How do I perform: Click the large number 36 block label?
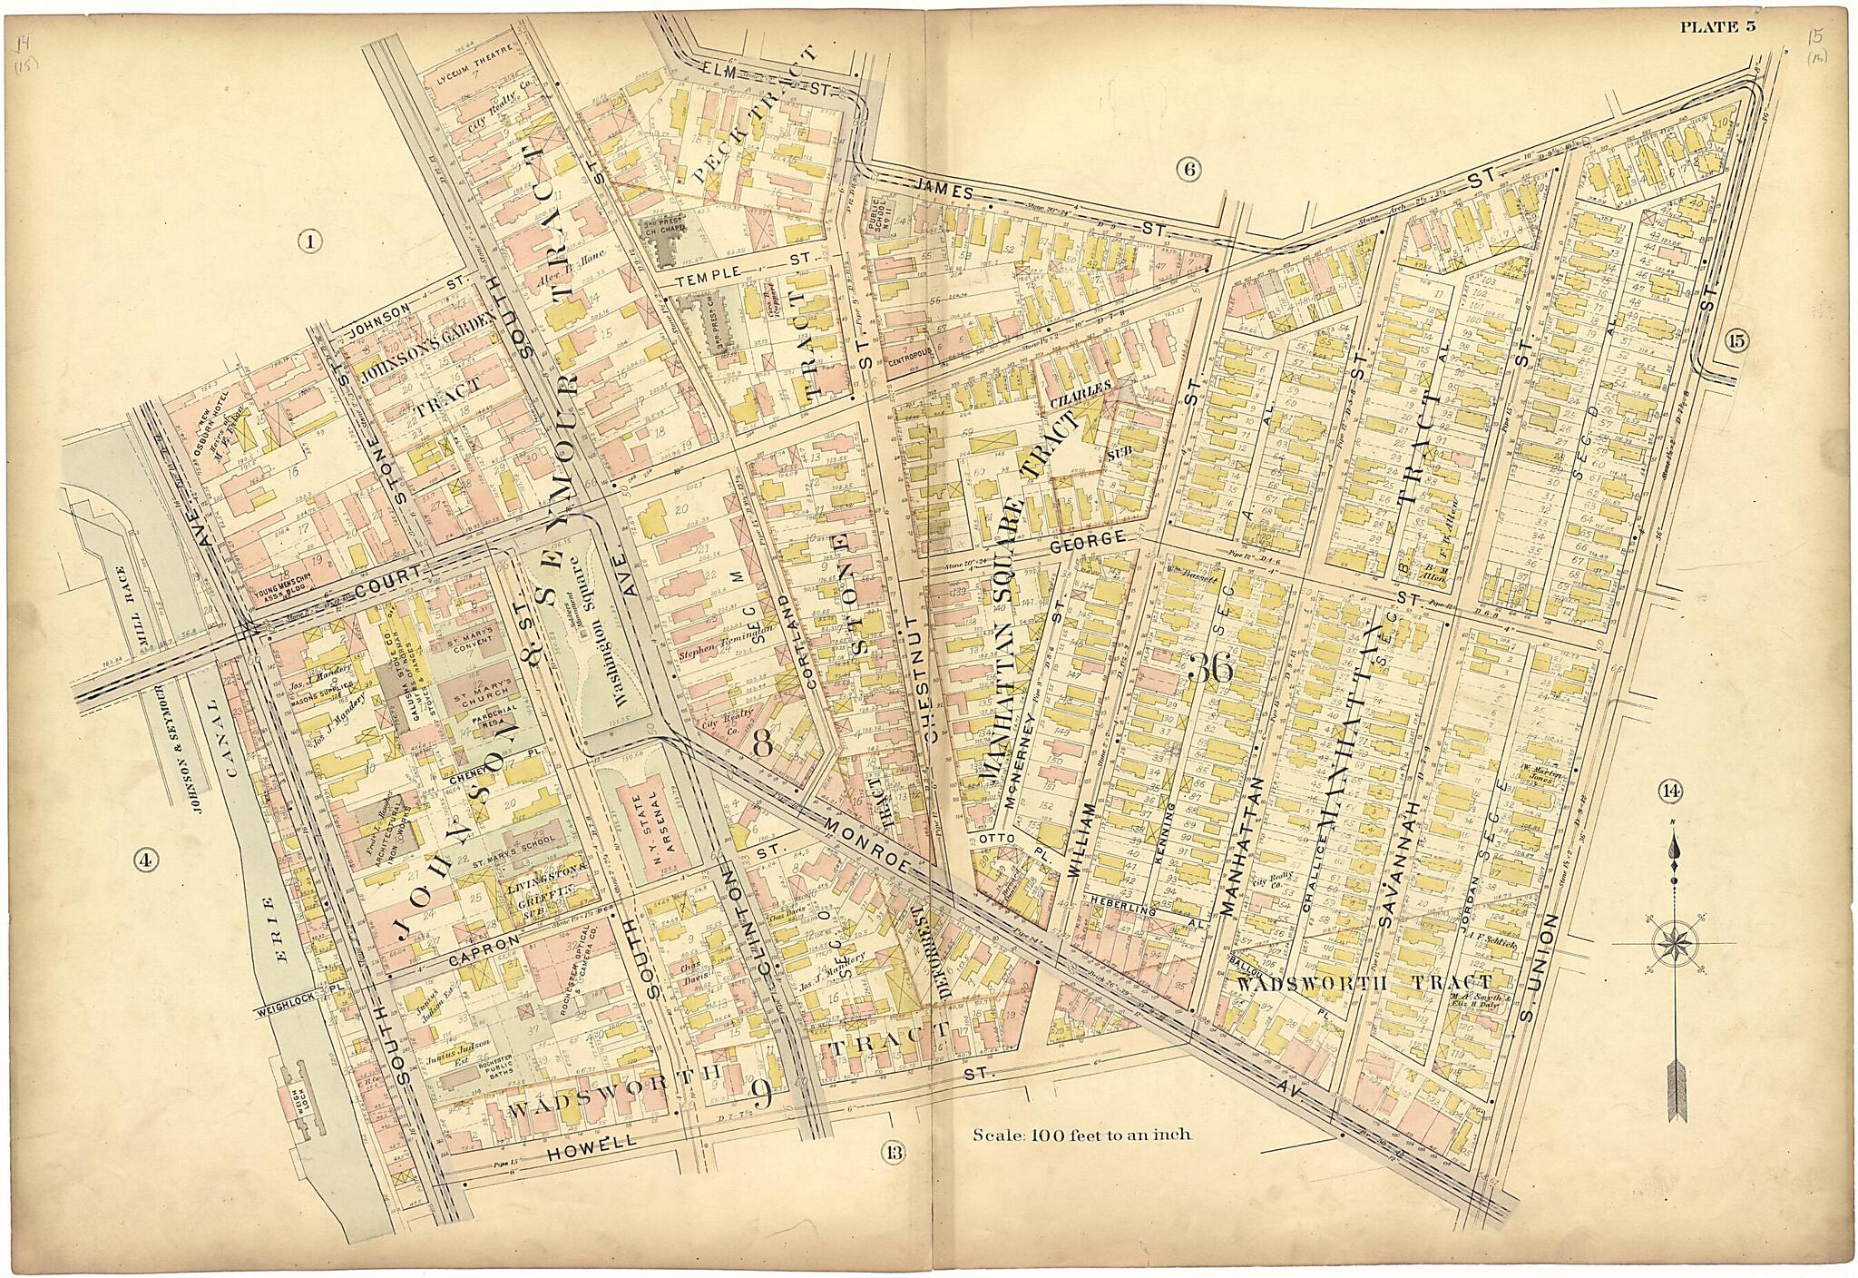1209,669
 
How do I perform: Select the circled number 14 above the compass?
1668,791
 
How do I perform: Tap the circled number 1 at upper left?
309,241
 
